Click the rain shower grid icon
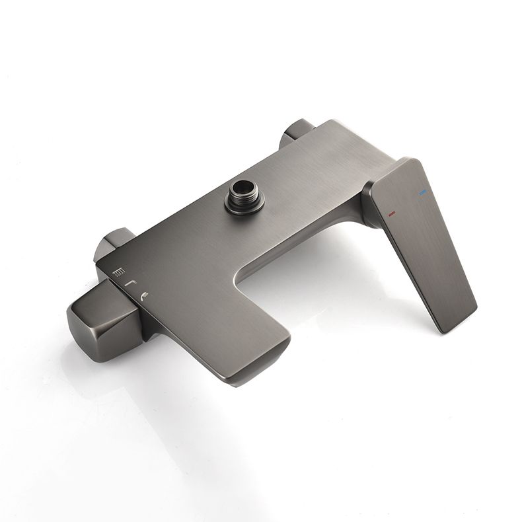pos(118,272)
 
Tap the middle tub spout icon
pos(131,283)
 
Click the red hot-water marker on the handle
pos(392,213)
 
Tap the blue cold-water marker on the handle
pos(422,193)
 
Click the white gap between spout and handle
pos(330,278)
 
